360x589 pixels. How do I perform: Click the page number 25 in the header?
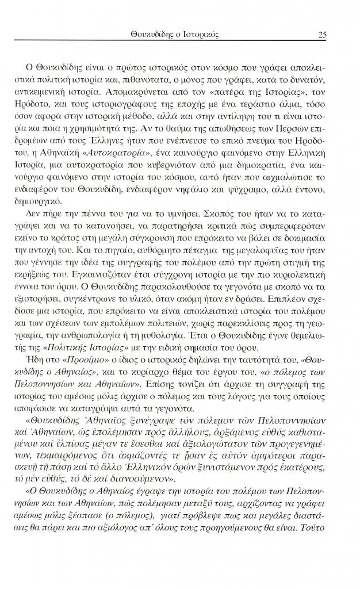coord(322,35)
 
